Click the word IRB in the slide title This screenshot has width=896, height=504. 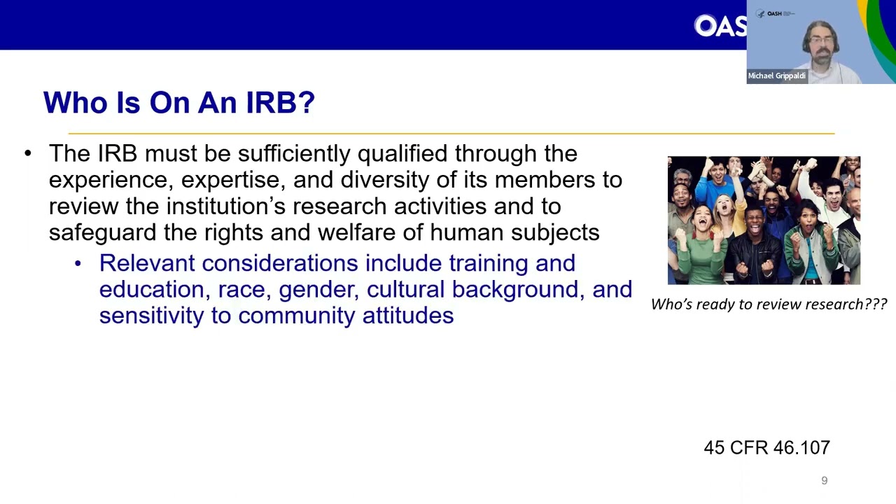[x=280, y=102]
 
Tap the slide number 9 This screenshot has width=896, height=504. [x=824, y=480]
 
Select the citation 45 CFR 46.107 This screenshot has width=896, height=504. [x=766, y=447]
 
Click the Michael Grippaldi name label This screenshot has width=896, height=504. [x=777, y=76]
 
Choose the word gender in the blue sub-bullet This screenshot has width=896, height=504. [x=318, y=290]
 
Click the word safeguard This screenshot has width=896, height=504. [x=102, y=233]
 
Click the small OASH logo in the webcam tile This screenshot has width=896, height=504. [x=774, y=13]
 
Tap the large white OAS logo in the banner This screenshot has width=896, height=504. [x=720, y=26]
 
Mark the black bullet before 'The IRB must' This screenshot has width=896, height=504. [x=27, y=153]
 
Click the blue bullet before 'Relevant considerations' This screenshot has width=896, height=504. [x=78, y=263]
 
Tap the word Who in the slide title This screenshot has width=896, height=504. [x=75, y=102]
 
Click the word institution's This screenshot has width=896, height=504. [x=225, y=206]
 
